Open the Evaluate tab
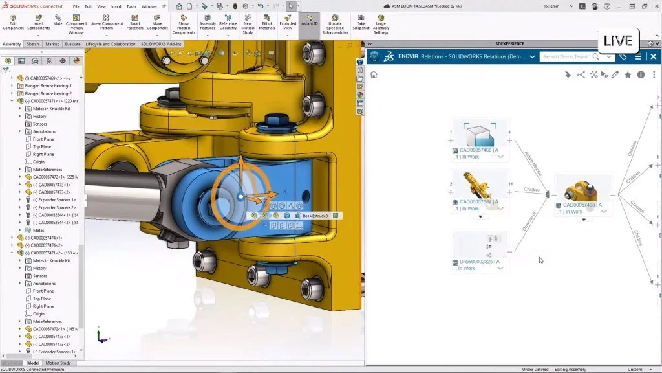pos(72,44)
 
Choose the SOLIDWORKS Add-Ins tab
pos(162,44)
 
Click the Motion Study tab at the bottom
pos(58,363)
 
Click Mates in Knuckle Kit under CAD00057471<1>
pos(52,109)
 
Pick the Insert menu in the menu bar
pos(116,6)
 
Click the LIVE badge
pos(617,41)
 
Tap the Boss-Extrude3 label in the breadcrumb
pos(315,216)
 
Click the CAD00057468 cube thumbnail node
pos(479,135)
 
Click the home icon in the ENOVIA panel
pos(374,74)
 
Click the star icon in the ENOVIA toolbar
pos(627,74)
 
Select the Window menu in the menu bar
pos(149,6)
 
